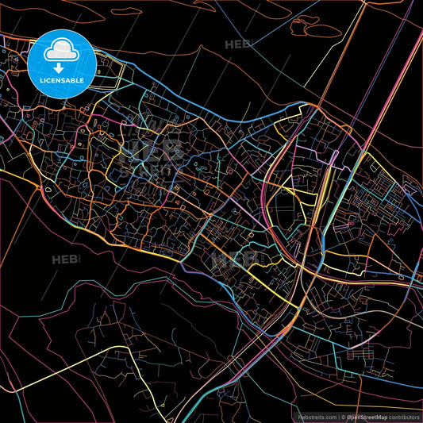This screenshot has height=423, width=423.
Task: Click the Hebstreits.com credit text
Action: (316, 416)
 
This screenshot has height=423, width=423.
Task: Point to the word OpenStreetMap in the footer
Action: (366, 416)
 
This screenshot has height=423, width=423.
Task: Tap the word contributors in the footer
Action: (404, 416)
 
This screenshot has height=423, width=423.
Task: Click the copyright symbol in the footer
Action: (343, 416)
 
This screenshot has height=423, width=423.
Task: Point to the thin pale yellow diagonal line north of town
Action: (333, 63)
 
